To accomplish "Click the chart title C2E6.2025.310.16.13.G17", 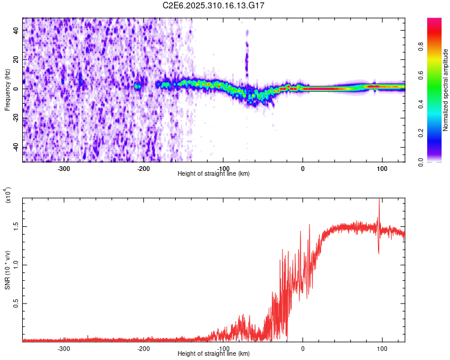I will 214,5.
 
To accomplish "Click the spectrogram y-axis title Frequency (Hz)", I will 7,89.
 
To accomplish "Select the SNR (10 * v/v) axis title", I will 7,269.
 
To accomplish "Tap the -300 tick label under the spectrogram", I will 64,168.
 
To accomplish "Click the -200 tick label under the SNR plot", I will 143,348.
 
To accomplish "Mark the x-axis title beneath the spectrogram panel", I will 214,173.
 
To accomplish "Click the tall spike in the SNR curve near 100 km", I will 379,207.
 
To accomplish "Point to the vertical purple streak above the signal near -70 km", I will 246,57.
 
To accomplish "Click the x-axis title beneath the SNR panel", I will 214,353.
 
